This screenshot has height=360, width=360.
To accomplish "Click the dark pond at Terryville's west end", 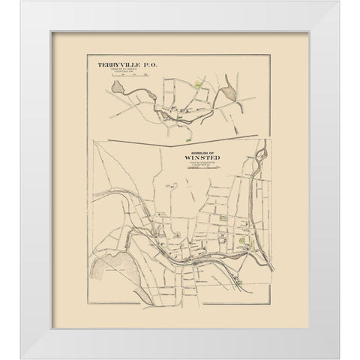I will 118,91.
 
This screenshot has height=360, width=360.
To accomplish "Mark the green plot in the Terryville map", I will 199,85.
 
